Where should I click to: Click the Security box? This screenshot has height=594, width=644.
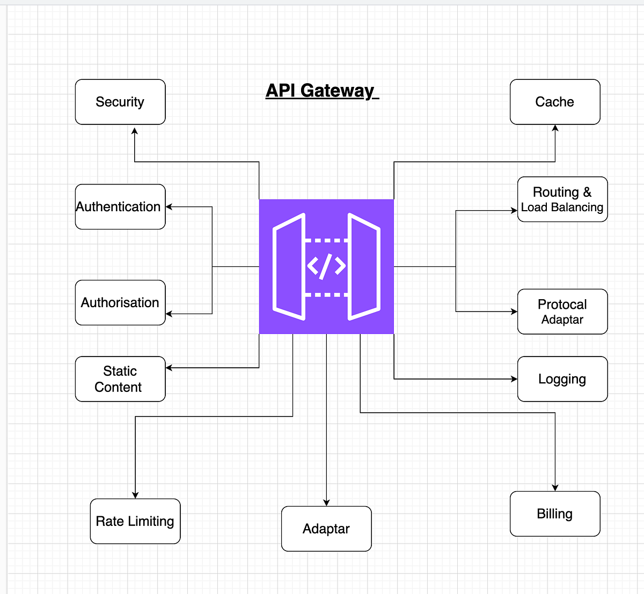pyautogui.click(x=120, y=102)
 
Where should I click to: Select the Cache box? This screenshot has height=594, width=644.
pyautogui.click(x=555, y=102)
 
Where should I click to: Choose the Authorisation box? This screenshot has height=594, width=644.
pyautogui.click(x=120, y=302)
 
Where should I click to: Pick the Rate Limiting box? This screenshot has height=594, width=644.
pyautogui.click(x=135, y=521)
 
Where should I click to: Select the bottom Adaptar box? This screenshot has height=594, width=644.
pyautogui.click(x=326, y=529)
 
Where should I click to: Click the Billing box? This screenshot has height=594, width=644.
pyautogui.click(x=555, y=514)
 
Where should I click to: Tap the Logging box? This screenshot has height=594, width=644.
pyautogui.click(x=562, y=379)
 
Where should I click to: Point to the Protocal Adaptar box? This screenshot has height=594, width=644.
pyautogui.click(x=562, y=311)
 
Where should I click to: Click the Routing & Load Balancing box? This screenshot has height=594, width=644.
pyautogui.click(x=562, y=199)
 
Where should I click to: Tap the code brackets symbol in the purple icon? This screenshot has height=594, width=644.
pyautogui.click(x=326, y=266)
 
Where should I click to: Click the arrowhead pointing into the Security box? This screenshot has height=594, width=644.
pyautogui.click(x=135, y=130)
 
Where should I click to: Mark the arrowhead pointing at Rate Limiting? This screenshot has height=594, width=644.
pyautogui.click(x=135, y=495)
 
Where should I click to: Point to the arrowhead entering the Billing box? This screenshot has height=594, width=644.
pyautogui.click(x=555, y=487)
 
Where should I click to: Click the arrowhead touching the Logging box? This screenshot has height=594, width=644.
pyautogui.click(x=514, y=379)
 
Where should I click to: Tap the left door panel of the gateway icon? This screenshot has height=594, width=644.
pyautogui.click(x=290, y=266)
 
